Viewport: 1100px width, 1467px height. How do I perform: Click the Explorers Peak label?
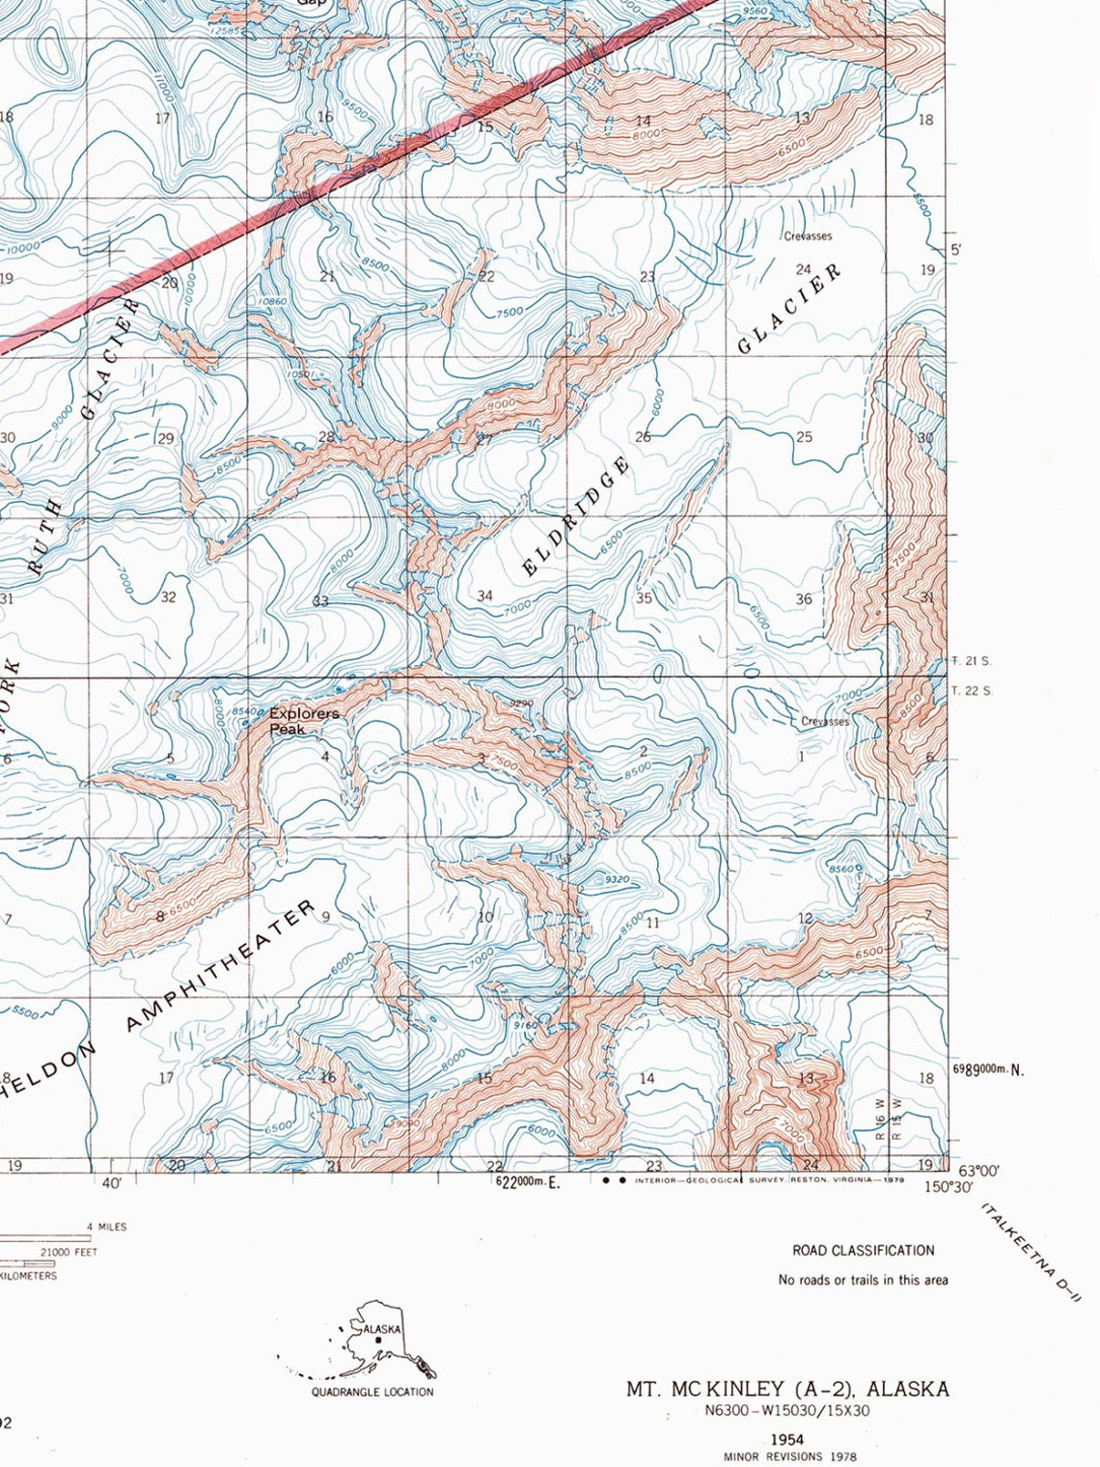point(303,721)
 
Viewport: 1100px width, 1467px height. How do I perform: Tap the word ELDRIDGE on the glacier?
point(576,515)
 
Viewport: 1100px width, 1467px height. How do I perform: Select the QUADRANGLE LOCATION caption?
point(371,1392)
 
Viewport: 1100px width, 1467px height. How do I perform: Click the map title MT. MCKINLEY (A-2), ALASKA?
point(787,1389)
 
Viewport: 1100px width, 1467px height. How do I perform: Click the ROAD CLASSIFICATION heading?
point(863,1250)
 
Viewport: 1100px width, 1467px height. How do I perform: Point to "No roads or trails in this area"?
point(863,1280)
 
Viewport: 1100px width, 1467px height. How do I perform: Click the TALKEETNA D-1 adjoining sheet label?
point(1031,1252)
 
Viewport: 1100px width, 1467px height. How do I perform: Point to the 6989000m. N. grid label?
point(988,1068)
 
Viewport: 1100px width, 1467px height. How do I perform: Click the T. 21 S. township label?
point(971,661)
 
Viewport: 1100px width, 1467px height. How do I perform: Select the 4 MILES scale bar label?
point(106,1227)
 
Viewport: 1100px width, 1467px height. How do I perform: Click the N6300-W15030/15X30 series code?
point(787,1411)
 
